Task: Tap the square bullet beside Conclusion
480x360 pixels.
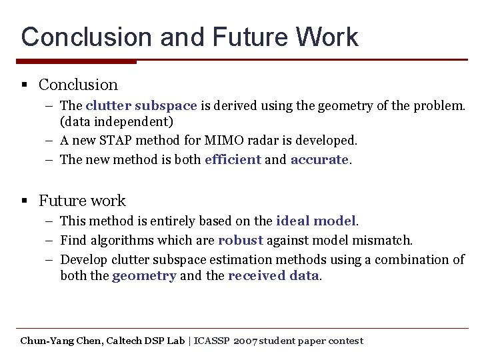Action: pyautogui.click(x=24, y=85)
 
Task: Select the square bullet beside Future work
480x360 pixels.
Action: pyautogui.click(x=24, y=201)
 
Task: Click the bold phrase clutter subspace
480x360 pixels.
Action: pyautogui.click(x=141, y=105)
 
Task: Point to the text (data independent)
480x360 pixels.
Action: pyautogui.click(x=117, y=122)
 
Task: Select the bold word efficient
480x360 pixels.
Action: pyautogui.click(x=233, y=160)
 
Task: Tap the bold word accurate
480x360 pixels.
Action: pyautogui.click(x=319, y=160)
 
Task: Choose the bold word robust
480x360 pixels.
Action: pyautogui.click(x=240, y=240)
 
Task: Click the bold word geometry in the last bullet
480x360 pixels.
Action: pyautogui.click(x=144, y=276)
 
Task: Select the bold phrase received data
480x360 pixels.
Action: pyautogui.click(x=273, y=276)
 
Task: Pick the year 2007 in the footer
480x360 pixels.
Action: pyautogui.click(x=245, y=341)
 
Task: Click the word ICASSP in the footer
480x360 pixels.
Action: pyautogui.click(x=212, y=341)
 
